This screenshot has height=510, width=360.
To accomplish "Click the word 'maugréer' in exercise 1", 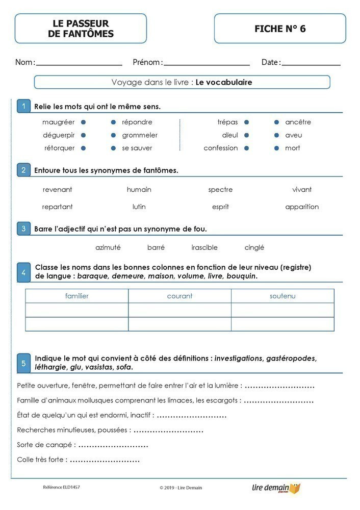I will pyautogui.click(x=58, y=122).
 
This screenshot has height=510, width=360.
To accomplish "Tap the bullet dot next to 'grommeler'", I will pyautogui.click(x=113, y=135).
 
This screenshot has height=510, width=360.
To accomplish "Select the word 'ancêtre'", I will pyautogui.click(x=298, y=122).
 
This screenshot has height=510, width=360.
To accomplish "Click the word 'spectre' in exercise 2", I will pyautogui.click(x=220, y=190).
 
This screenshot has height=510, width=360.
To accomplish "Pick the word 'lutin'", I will pyautogui.click(x=139, y=207).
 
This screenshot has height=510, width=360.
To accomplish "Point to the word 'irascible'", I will pyautogui.click(x=204, y=248).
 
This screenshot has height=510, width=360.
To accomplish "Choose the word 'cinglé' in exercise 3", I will pyautogui.click(x=254, y=248).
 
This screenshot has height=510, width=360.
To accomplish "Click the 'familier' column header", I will pyautogui.click(x=77, y=296).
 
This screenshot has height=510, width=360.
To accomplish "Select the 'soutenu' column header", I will pyautogui.click(x=282, y=296).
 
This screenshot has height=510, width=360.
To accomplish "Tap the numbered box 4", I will pyautogui.click(x=23, y=273).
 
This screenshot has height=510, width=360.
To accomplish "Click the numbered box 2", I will pyautogui.click(x=23, y=170).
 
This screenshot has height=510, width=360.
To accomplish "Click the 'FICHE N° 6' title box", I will pyautogui.click(x=280, y=29).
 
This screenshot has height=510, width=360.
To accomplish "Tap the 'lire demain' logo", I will pyautogui.click(x=276, y=488).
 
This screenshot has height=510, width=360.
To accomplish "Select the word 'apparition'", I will pyautogui.click(x=302, y=207).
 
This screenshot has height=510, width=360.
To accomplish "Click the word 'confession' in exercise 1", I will pyautogui.click(x=221, y=148).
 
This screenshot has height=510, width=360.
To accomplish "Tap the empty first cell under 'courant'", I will pyautogui.click(x=179, y=310).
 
